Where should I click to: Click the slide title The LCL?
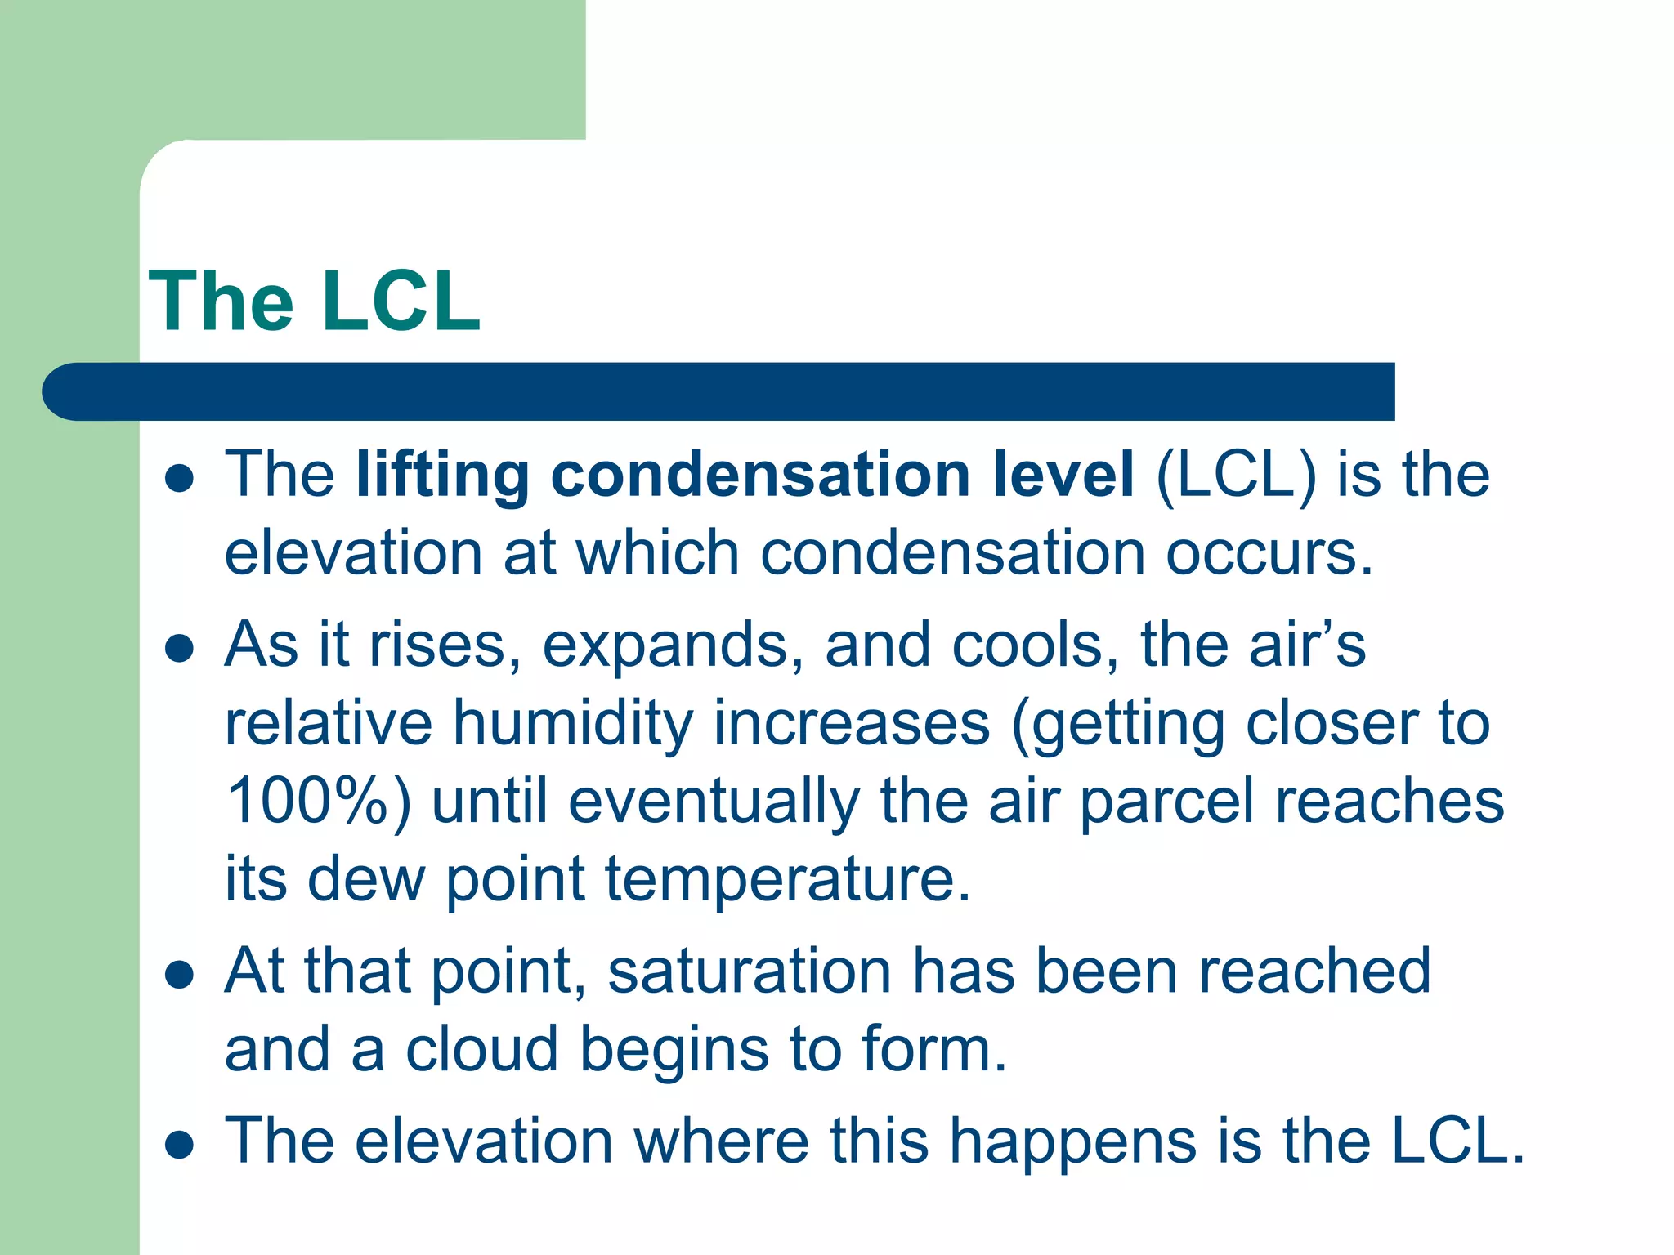click(x=315, y=301)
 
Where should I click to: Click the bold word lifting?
click(x=442, y=476)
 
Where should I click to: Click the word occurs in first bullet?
click(x=1269, y=554)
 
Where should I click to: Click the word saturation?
click(x=750, y=972)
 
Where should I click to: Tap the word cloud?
click(x=481, y=1049)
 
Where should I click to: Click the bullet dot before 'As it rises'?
click(x=179, y=650)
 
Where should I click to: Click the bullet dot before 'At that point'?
click(x=179, y=975)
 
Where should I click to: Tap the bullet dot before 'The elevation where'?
click(x=179, y=1145)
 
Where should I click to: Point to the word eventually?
click(x=714, y=802)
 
